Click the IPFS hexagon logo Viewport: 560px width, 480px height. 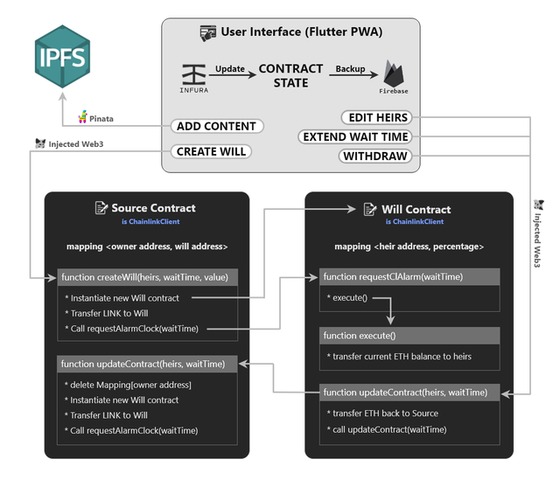click(62, 56)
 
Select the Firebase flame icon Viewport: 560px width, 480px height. click(394, 73)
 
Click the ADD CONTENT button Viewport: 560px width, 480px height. click(217, 126)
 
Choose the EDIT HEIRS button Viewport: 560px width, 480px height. click(377, 117)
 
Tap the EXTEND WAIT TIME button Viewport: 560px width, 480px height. click(355, 136)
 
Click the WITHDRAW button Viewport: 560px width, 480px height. click(375, 156)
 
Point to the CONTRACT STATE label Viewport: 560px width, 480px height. click(290, 76)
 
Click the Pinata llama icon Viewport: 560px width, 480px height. click(83, 116)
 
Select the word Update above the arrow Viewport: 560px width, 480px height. click(230, 68)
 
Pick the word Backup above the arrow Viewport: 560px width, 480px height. click(350, 68)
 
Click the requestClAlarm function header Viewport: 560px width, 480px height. click(409, 276)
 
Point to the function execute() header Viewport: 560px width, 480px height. click(409, 336)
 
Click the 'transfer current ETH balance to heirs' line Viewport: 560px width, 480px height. click(399, 357)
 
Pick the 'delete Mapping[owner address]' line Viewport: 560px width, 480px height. click(128, 385)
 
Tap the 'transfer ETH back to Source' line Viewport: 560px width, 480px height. click(382, 414)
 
